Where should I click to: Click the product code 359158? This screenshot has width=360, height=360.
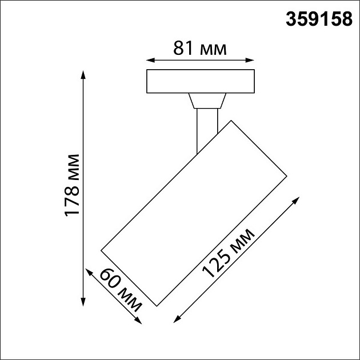[319, 20]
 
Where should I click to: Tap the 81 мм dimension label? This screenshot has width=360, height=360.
[199, 49]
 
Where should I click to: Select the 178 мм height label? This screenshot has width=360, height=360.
[73, 185]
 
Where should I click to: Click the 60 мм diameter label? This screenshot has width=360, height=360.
[120, 290]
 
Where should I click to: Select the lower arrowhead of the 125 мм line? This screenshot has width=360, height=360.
[175, 321]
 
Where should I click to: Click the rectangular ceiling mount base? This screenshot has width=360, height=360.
[200, 81]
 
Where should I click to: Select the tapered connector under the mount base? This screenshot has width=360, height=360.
[206, 101]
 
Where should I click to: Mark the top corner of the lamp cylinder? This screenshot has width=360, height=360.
[230, 121]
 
